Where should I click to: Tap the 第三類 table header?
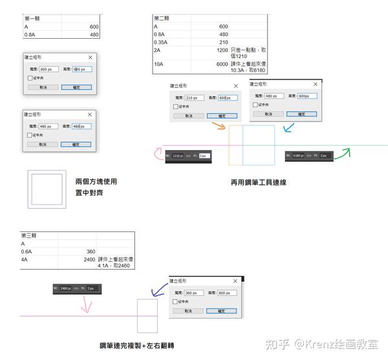point(30,236)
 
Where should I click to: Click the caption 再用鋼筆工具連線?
point(258,182)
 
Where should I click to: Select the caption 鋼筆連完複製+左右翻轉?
point(136,346)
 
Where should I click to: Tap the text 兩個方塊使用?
point(96,182)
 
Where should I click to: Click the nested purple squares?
point(47,189)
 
